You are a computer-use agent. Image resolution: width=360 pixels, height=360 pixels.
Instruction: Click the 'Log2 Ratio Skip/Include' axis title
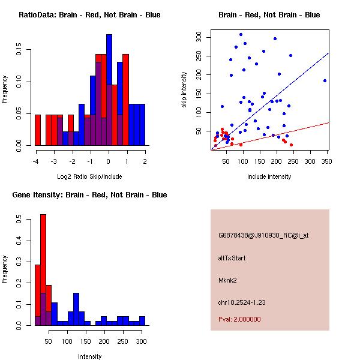tap(89, 176)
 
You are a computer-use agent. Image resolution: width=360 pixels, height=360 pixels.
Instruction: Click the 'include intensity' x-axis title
tap(269, 176)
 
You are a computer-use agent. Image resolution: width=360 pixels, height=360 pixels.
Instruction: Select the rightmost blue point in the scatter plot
tap(325, 80)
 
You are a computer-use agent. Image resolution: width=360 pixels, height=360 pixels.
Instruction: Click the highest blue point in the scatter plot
tap(241, 34)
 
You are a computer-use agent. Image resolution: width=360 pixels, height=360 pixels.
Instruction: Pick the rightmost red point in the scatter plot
tap(291, 145)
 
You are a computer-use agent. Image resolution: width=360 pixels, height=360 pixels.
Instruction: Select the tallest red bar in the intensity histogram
tap(43, 270)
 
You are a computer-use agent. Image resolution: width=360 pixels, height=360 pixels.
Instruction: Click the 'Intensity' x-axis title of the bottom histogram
tap(89, 356)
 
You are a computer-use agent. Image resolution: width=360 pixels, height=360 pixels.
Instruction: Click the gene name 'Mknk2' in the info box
tap(227, 280)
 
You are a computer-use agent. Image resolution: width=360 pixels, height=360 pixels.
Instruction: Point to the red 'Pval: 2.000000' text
tap(239, 319)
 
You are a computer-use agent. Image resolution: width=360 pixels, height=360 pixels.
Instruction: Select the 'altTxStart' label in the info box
tap(232, 258)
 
